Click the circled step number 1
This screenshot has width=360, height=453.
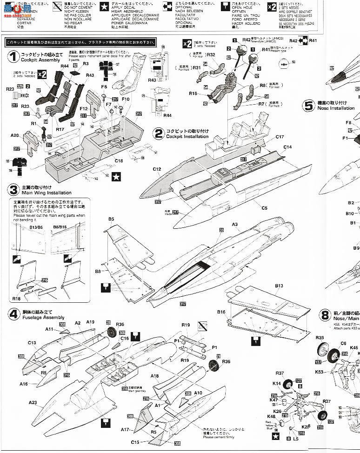click(13, 57)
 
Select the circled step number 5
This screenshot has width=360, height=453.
click(309, 105)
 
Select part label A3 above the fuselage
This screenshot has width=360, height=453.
click(235, 224)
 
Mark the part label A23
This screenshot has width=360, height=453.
click(33, 403)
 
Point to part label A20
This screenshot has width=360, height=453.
click(14, 135)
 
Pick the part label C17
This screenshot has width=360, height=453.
click(280, 137)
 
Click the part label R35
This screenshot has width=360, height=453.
click(320, 338)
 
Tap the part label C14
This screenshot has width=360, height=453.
click(287, 147)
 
